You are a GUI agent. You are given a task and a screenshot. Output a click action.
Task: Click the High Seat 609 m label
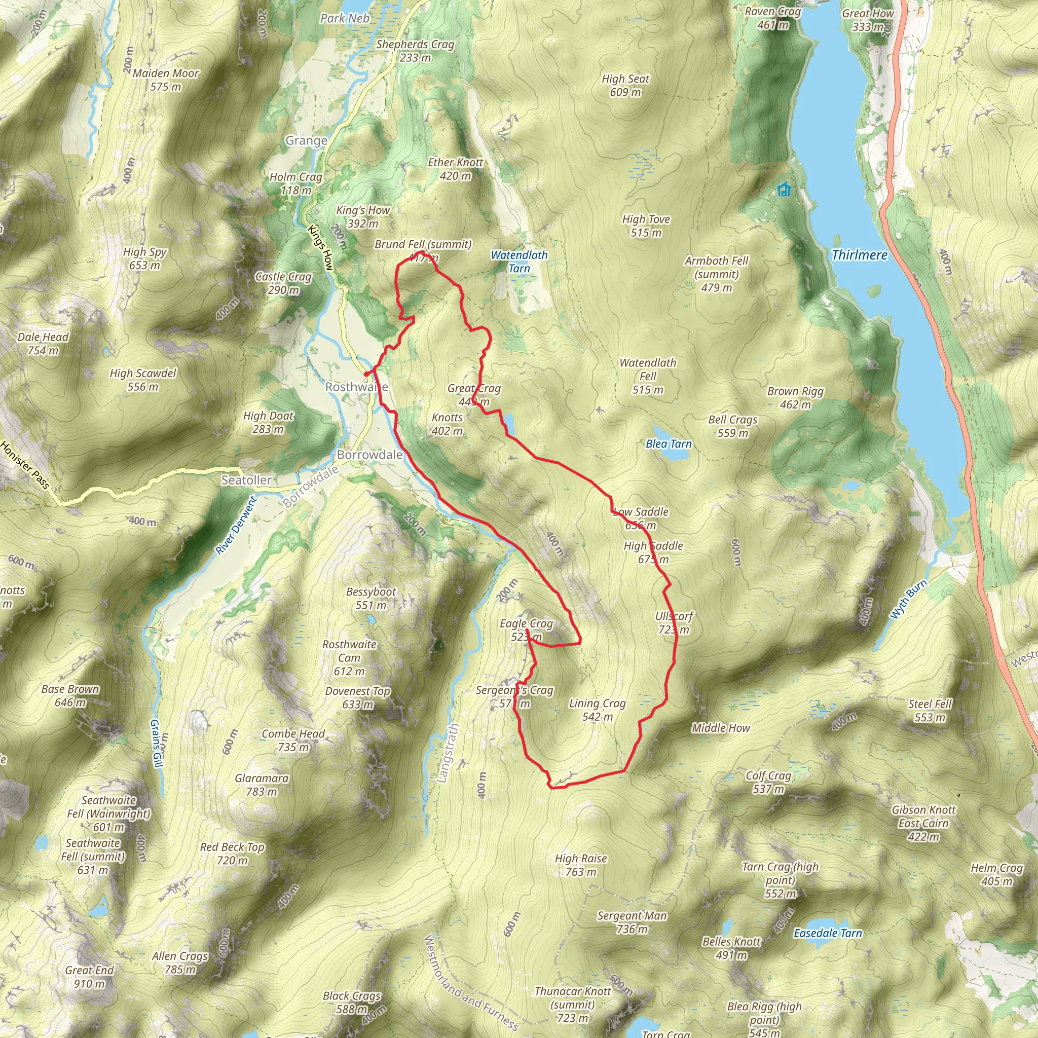pyautogui.click(x=625, y=86)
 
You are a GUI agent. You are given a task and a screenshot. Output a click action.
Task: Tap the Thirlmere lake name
pyautogui.click(x=859, y=255)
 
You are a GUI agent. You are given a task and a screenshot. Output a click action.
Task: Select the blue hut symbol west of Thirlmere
pyautogui.click(x=784, y=190)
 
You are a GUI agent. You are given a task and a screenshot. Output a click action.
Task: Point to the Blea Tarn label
pyautogui.click(x=669, y=444)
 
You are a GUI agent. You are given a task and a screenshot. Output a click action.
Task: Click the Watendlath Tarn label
pyautogui.click(x=519, y=262)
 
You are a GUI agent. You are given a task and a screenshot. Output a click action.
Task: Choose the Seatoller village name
pyautogui.click(x=246, y=480)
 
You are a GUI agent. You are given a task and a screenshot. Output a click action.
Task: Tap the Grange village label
pyautogui.click(x=306, y=141)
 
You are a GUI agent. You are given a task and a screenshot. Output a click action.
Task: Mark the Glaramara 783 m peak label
pyautogui.click(x=262, y=785)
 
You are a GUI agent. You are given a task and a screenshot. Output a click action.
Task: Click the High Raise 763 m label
pyautogui.click(x=581, y=865)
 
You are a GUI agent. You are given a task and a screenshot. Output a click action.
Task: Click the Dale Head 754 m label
pyautogui.click(x=43, y=344)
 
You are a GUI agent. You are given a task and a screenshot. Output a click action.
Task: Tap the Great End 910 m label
pyautogui.click(x=89, y=977)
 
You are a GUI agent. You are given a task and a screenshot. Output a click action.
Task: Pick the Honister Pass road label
pyautogui.click(x=25, y=465)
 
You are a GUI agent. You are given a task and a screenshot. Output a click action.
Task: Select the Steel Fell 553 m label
pyautogui.click(x=930, y=710)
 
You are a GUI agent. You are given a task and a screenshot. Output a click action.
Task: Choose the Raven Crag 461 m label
pyautogui.click(x=772, y=18)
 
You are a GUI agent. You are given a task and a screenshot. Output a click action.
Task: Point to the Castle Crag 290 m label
pyautogui.click(x=283, y=283)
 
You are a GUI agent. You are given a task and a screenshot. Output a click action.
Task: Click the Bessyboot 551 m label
pyautogui.click(x=370, y=598)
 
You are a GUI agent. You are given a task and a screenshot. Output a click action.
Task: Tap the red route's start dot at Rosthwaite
pyautogui.click(x=366, y=375)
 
